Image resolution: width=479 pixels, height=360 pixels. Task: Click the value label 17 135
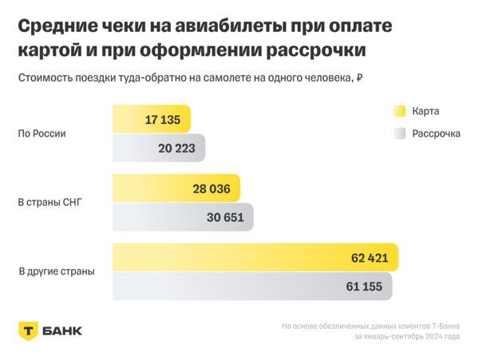(x=164, y=121)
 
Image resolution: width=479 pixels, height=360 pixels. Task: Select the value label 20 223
(x=178, y=148)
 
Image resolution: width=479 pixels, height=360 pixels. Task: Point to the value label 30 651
(x=226, y=218)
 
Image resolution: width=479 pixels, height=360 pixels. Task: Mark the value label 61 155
(x=364, y=287)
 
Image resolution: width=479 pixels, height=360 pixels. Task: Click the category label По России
(x=42, y=133)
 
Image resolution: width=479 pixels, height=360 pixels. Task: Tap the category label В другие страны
(x=56, y=272)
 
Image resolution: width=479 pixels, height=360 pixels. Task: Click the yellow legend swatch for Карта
(x=399, y=111)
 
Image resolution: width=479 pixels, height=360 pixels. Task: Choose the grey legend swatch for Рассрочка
(x=399, y=133)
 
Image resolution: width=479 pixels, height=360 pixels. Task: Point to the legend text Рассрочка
(x=436, y=133)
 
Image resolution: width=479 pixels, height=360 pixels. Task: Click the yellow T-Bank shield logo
(x=28, y=330)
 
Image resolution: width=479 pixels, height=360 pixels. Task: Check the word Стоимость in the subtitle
(x=47, y=78)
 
